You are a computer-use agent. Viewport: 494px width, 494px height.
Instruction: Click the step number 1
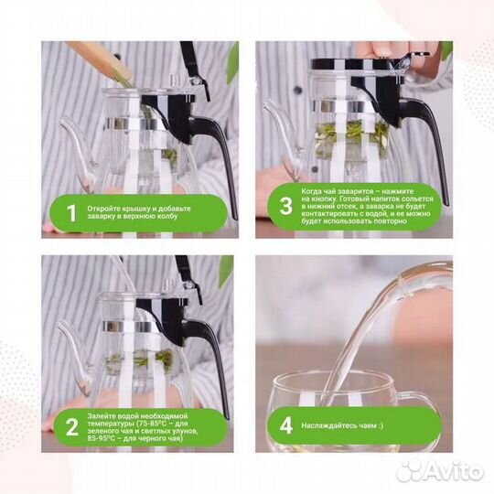point(72,213)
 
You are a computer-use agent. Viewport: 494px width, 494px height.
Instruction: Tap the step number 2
point(72,427)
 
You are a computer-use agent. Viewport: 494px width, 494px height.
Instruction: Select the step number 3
point(286,206)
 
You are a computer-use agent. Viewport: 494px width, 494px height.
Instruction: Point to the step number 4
point(286,425)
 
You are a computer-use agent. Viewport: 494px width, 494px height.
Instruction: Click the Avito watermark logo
point(440,471)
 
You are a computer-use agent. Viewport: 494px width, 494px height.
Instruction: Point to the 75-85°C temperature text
point(151,424)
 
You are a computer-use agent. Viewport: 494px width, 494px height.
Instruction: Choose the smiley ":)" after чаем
point(381,425)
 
